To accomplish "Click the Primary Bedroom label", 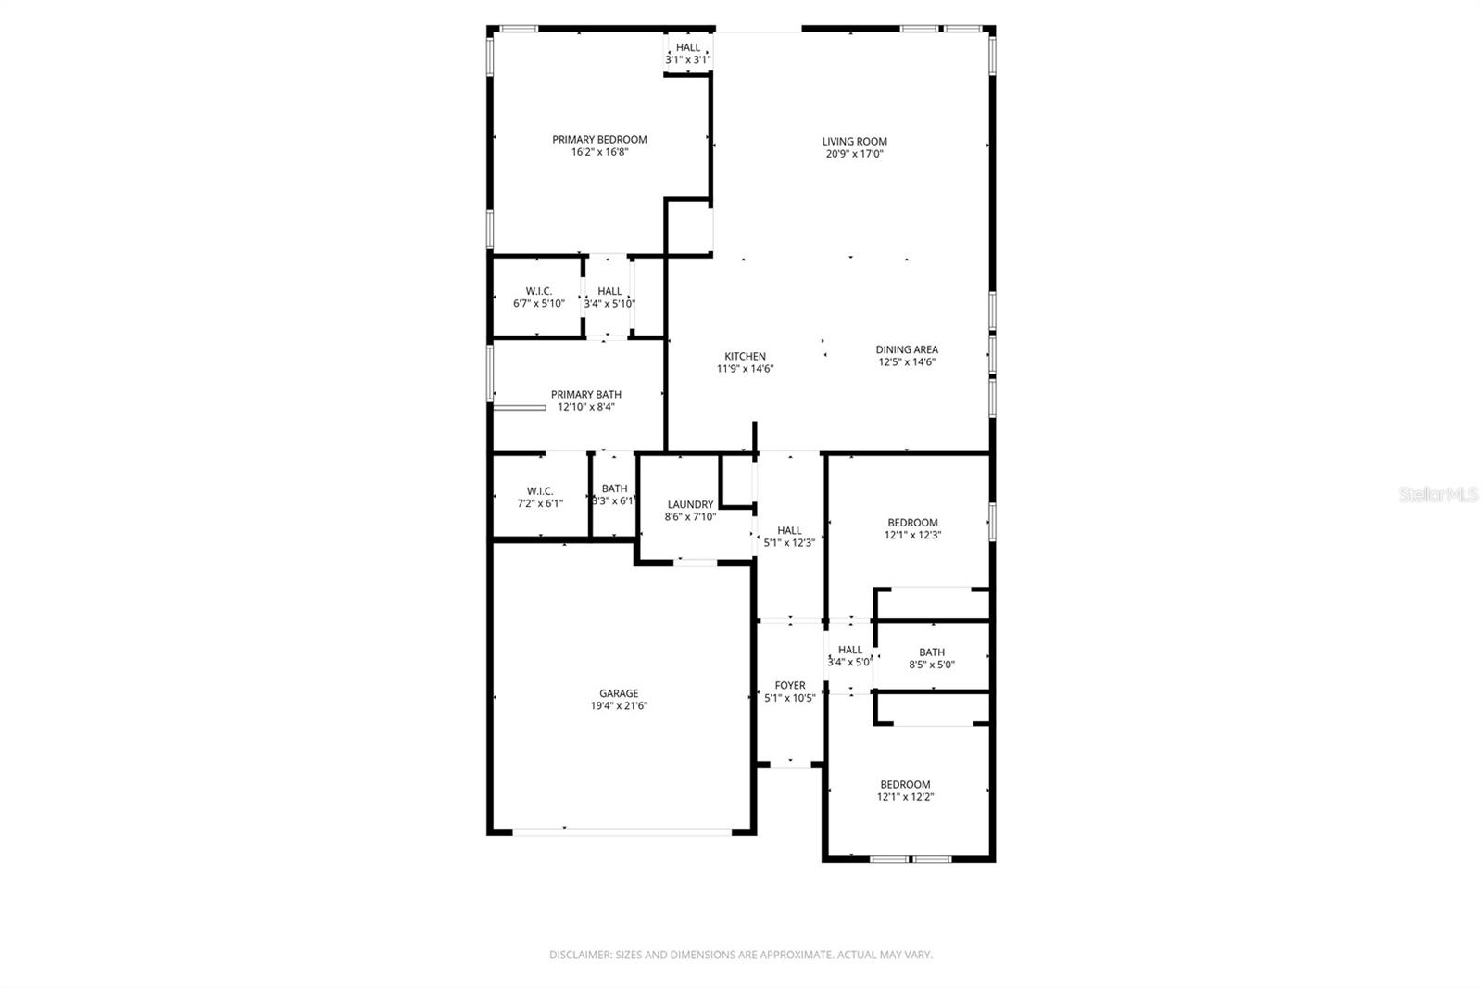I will (x=599, y=140).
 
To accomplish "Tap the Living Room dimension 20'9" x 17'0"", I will (x=854, y=154).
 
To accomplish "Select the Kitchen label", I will (x=745, y=356).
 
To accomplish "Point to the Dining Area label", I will (x=907, y=349).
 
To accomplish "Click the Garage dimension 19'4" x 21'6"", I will (x=618, y=705).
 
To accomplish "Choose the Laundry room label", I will (x=690, y=504).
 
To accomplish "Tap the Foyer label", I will (x=790, y=686).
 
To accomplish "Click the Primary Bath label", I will (x=585, y=394).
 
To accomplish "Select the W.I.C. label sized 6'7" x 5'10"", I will (x=539, y=291).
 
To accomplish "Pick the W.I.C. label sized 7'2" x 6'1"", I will (x=540, y=491).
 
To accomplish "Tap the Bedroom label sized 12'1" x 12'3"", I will (x=912, y=523).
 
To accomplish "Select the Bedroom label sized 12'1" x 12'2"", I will (x=905, y=784).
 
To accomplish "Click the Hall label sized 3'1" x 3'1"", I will (x=688, y=47).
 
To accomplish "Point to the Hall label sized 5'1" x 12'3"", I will (x=789, y=530).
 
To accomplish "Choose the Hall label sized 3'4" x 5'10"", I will (x=609, y=291).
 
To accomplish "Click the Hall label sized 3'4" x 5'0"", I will (x=849, y=650).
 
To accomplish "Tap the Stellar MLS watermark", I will (x=1438, y=495).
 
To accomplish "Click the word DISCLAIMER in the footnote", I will (x=580, y=955).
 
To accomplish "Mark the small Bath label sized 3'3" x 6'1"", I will (x=614, y=488).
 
